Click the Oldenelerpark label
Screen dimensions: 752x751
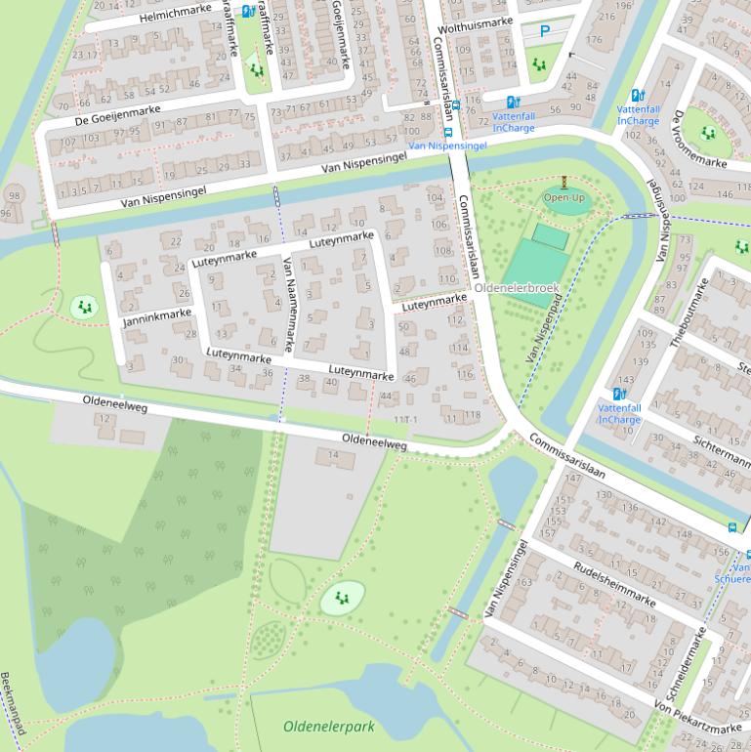[329, 727]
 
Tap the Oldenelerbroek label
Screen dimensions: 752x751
[517, 288]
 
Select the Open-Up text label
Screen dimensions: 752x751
[564, 198]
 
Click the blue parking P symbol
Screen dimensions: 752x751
[545, 31]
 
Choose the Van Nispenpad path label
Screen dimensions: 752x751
[544, 330]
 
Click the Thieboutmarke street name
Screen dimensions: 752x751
[688, 313]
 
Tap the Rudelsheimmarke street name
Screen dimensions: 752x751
[614, 583]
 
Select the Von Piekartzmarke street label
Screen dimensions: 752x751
[697, 717]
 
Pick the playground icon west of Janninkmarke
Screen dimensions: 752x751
[85, 308]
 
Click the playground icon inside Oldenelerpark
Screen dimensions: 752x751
[342, 597]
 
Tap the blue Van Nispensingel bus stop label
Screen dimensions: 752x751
[447, 146]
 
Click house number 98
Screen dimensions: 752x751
[13, 196]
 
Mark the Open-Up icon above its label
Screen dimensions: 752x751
[564, 183]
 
